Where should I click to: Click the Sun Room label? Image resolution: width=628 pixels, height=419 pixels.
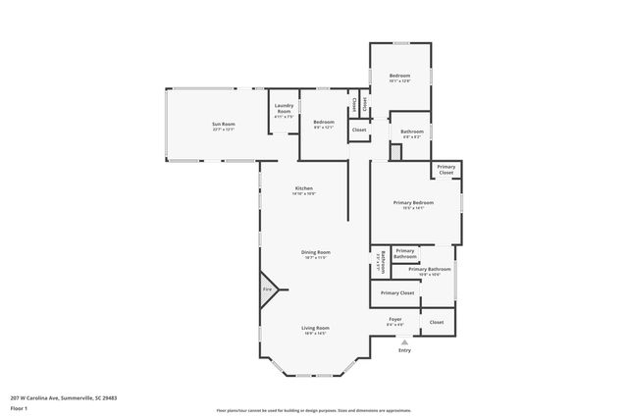pyautogui.click(x=224, y=124)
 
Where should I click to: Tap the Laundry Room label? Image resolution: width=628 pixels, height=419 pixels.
pyautogui.click(x=284, y=109)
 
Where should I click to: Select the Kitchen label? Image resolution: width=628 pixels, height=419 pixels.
pyautogui.click(x=303, y=188)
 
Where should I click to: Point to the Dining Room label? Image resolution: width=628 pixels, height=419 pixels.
pyautogui.click(x=316, y=252)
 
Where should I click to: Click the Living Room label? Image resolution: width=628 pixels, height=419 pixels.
pyautogui.click(x=315, y=328)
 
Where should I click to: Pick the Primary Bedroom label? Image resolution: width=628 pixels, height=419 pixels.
pyautogui.click(x=413, y=203)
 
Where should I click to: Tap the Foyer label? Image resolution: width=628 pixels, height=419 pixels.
pyautogui.click(x=395, y=319)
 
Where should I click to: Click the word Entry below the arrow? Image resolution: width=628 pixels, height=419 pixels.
pyautogui.click(x=404, y=350)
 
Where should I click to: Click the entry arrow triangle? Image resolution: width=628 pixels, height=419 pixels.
pyautogui.click(x=404, y=340)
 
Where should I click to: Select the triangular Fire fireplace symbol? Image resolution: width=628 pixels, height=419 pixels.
pyautogui.click(x=268, y=290)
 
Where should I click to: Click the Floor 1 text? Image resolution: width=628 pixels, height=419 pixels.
pyautogui.click(x=19, y=407)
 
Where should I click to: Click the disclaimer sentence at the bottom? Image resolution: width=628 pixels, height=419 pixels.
pyautogui.click(x=314, y=410)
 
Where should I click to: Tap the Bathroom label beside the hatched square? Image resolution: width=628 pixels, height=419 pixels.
pyautogui.click(x=412, y=131)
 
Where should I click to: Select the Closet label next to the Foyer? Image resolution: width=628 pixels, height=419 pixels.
pyautogui.click(x=437, y=322)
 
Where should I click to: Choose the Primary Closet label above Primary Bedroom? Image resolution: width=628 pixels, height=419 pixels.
pyautogui.click(x=446, y=169)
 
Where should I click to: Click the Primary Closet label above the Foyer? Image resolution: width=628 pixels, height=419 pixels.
pyautogui.click(x=397, y=292)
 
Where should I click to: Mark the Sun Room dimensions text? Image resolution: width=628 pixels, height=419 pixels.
pyautogui.click(x=224, y=129)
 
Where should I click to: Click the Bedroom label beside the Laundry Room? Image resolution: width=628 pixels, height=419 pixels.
pyautogui.click(x=324, y=122)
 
